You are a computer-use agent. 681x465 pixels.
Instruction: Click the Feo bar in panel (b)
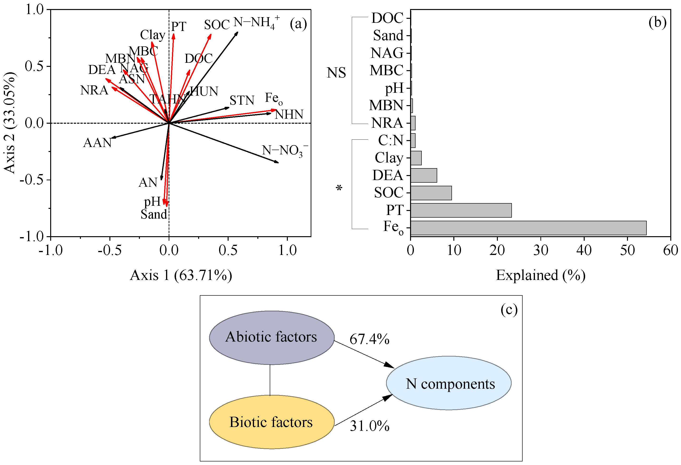pyautogui.click(x=528, y=228)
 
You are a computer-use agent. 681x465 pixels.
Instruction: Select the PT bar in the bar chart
pyautogui.click(x=461, y=210)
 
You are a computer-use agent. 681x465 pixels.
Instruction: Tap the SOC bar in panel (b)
pyautogui.click(x=431, y=193)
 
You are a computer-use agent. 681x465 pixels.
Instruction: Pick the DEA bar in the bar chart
pyautogui.click(x=423, y=176)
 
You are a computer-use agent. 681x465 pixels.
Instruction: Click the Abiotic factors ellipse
pyautogui.click(x=271, y=337)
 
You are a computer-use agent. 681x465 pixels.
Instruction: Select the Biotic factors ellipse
pyautogui.click(x=271, y=422)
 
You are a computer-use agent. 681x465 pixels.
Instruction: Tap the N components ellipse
pyautogui.click(x=448, y=383)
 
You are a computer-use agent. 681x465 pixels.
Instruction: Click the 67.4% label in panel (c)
pyautogui.click(x=369, y=339)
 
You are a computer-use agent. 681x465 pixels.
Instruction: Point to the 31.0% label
pyautogui.click(x=369, y=426)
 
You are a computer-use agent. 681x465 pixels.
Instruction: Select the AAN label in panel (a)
pyautogui.click(x=97, y=143)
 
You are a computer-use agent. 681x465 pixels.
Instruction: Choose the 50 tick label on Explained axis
pyautogui.click(x=627, y=250)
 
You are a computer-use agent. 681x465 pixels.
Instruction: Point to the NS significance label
pyautogui.click(x=336, y=73)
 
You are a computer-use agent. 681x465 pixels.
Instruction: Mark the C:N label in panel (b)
pyautogui.click(x=390, y=140)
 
